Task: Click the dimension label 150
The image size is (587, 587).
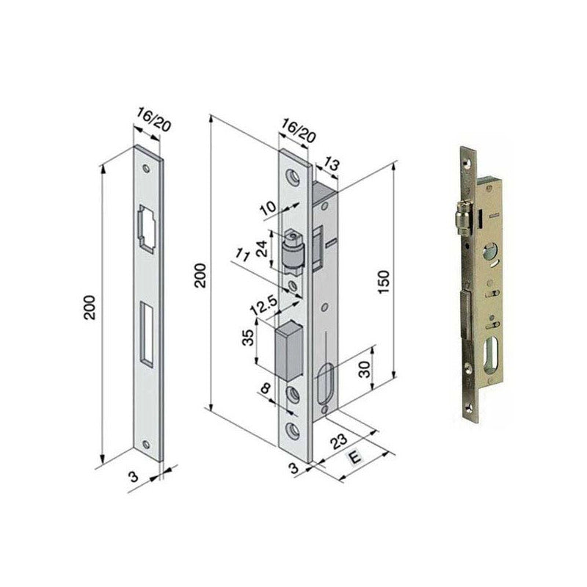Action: [x=384, y=282]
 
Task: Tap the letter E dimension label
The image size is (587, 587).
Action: [x=354, y=458]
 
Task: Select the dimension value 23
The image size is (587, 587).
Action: [x=339, y=442]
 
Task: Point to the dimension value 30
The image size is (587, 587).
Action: [x=364, y=370]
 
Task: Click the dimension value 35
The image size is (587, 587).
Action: [x=248, y=337]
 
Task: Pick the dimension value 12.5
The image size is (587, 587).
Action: [x=264, y=305]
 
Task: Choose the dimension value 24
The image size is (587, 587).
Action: [x=263, y=249]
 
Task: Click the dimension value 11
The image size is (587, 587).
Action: [x=242, y=255]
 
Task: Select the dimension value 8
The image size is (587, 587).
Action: [x=266, y=389]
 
